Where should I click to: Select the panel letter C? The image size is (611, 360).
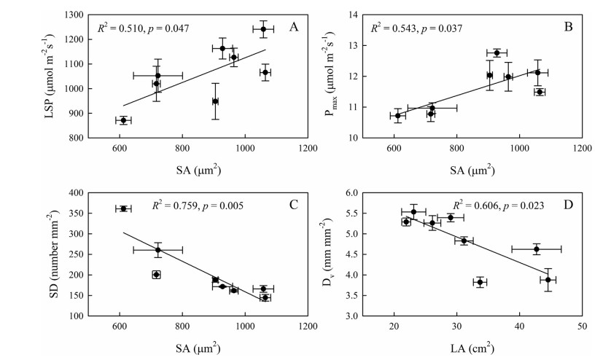coord(295,204)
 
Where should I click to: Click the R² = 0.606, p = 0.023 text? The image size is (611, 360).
coord(499,206)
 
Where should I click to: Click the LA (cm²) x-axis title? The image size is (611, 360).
coord(488,348)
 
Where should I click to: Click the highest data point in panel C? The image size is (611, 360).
coord(123,208)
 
